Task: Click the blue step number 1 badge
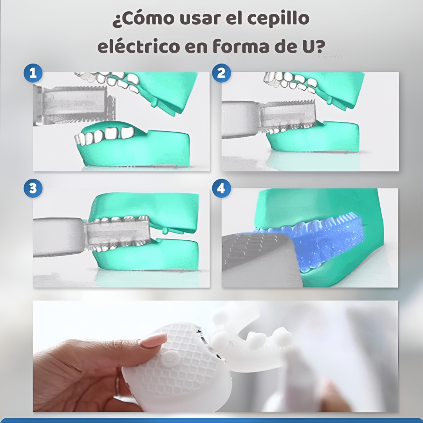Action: click(x=33, y=73)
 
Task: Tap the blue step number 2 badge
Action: click(x=221, y=73)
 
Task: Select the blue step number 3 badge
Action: click(x=33, y=188)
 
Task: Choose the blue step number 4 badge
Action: click(x=221, y=188)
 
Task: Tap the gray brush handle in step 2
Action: click(x=239, y=119)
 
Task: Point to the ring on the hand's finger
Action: click(x=117, y=386)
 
